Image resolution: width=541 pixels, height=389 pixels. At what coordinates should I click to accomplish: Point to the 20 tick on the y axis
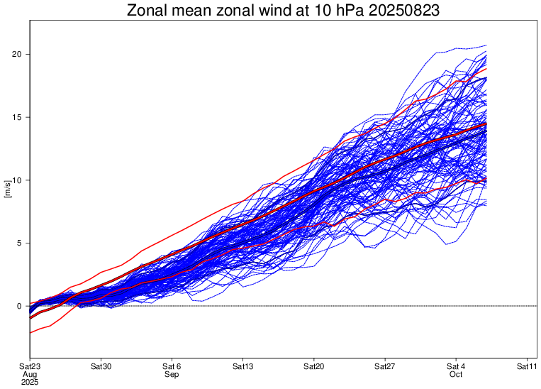(x=20, y=54)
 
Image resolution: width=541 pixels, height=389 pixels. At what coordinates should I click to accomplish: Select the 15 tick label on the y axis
(x=20, y=117)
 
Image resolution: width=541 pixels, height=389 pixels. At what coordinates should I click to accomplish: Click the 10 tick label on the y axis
(x=20, y=180)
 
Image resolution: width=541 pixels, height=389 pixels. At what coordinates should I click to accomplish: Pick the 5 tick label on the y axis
(x=22, y=243)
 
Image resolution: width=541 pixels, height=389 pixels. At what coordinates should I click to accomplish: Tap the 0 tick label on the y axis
(x=22, y=306)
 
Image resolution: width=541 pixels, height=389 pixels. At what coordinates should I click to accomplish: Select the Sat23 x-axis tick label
(x=30, y=366)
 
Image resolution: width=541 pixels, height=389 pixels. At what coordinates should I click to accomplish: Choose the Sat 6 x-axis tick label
(x=172, y=366)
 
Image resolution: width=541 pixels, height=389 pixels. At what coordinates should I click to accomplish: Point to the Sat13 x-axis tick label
(x=242, y=366)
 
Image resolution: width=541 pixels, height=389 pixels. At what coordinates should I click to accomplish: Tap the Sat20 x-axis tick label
(x=313, y=366)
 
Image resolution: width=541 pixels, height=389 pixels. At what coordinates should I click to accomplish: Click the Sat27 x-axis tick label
(x=384, y=366)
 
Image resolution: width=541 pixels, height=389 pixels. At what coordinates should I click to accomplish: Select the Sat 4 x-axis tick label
(x=455, y=366)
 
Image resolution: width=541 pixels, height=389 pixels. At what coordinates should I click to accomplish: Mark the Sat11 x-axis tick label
(x=526, y=366)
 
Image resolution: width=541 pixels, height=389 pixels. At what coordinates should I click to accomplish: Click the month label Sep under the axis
(x=172, y=374)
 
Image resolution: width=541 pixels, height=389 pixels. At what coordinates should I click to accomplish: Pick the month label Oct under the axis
(x=455, y=374)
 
